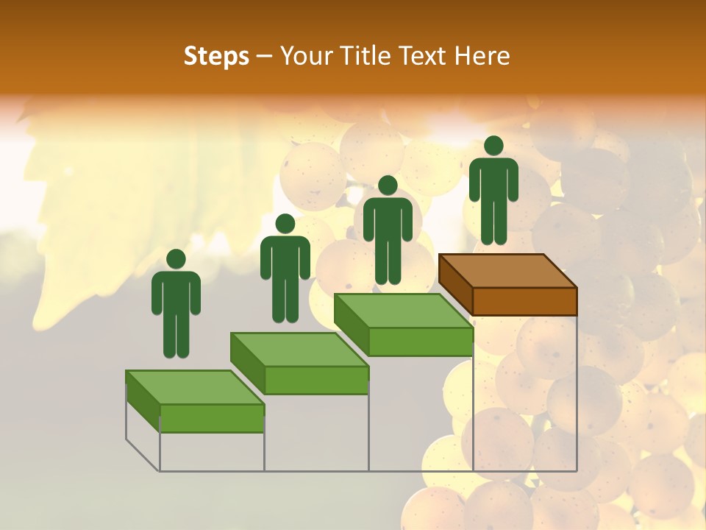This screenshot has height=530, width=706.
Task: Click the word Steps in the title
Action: pos(216,57)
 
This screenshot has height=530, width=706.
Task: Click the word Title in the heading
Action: pos(369,56)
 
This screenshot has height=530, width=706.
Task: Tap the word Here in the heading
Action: pos(482,56)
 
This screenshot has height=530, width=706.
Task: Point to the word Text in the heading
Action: pos(425,56)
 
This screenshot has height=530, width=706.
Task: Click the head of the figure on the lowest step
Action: pos(176,259)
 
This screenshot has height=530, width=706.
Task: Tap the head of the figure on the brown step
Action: pos(493,146)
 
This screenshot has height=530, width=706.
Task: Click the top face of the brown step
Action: pos(507,271)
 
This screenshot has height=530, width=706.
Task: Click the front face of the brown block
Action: pos(524,301)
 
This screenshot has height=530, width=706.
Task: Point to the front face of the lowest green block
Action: pos(212,418)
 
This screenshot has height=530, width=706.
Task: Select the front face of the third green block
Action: pos(420,342)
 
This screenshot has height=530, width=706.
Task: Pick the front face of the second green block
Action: pos(316,380)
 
